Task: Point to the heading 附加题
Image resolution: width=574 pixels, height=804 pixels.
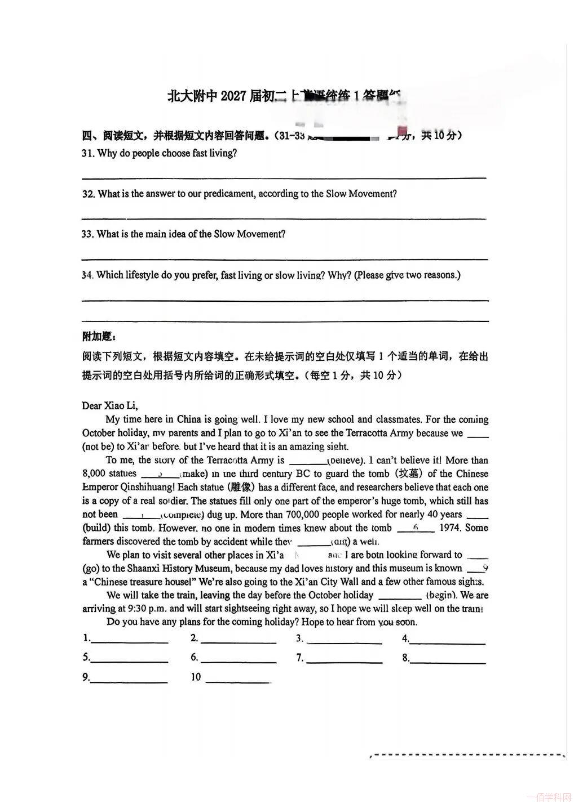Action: click(99, 337)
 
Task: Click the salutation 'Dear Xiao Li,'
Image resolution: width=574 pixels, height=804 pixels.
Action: click(110, 405)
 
